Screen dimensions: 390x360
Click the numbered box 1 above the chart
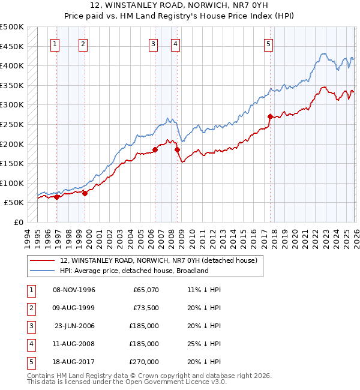point(55,43)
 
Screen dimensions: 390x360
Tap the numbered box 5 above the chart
point(268,43)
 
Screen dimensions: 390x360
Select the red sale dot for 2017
point(270,116)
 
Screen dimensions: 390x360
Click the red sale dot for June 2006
point(155,149)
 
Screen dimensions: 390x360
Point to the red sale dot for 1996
point(57,197)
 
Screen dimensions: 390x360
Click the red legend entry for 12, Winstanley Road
point(158,260)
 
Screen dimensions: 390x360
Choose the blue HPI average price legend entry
point(133,271)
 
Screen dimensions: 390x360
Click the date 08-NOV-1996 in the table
point(74,290)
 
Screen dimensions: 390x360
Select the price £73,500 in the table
point(146,308)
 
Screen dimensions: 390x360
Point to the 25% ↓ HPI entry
point(203,344)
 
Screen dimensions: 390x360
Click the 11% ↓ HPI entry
point(203,290)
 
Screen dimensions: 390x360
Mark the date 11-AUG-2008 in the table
point(74,344)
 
